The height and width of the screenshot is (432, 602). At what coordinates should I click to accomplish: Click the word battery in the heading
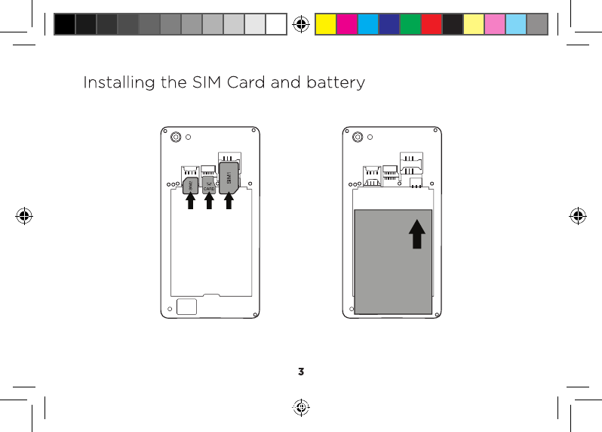(333, 82)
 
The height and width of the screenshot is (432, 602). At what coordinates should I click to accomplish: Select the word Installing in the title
(119, 82)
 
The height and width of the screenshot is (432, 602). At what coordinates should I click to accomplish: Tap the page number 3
(301, 372)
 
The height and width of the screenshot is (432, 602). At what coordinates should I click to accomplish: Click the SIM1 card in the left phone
(229, 177)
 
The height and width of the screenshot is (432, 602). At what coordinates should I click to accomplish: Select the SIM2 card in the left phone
(190, 185)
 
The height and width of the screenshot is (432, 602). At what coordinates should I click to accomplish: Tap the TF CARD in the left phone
(209, 185)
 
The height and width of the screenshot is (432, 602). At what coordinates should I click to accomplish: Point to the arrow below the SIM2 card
(190, 202)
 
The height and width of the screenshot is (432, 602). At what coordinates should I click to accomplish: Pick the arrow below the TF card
(209, 202)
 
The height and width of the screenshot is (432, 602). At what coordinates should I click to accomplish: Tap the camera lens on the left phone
(175, 137)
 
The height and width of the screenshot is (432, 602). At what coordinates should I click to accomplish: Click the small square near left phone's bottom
(187, 307)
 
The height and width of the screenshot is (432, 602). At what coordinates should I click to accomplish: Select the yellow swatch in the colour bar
(325, 24)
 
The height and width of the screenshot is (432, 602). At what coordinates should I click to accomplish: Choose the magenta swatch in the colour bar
(346, 24)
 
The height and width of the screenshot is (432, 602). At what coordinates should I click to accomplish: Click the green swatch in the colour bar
(410, 24)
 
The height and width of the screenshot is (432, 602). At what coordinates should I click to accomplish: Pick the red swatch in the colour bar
(432, 24)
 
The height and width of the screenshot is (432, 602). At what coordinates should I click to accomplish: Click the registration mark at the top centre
(301, 24)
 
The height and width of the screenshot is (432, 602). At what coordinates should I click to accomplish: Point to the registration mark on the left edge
(24, 216)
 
